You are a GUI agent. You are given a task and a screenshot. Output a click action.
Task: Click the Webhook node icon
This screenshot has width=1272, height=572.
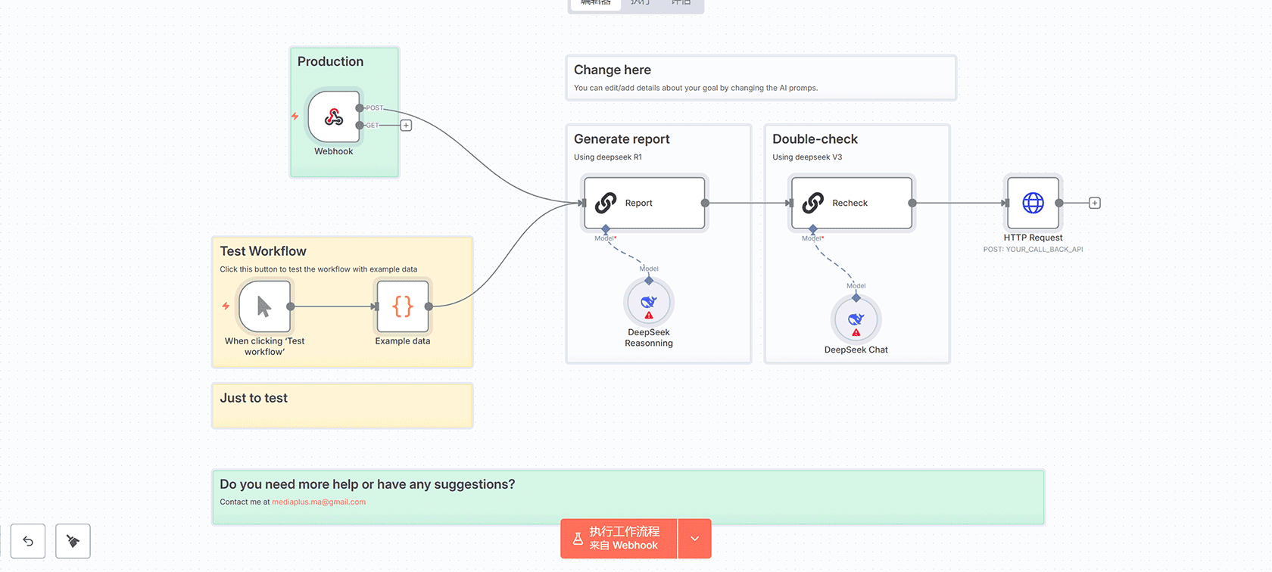pos(334,117)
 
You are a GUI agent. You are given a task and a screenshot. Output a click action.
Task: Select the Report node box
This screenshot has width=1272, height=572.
pos(644,203)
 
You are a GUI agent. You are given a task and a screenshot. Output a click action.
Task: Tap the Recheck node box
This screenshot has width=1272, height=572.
pos(851,203)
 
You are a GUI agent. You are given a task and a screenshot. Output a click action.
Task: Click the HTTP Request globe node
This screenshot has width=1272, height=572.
pos(1033,203)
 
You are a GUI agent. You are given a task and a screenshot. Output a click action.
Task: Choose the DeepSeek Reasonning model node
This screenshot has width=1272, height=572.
pos(649,303)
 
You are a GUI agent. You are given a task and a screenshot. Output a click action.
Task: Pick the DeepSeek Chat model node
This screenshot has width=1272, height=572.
pos(856,320)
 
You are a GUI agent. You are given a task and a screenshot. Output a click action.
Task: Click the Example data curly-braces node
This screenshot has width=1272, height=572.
pos(403,306)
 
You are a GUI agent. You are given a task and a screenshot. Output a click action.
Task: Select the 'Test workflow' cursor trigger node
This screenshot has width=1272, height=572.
pos(264,306)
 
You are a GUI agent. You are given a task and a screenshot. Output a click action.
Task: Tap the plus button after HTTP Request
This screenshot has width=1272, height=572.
pos(1095,203)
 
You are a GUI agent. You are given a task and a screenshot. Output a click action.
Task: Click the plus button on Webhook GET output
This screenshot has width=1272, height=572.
pos(406,126)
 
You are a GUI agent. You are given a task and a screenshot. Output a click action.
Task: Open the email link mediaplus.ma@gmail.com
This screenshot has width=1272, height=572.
pos(319,502)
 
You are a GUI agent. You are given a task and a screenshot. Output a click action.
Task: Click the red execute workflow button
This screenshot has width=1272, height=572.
pos(619,539)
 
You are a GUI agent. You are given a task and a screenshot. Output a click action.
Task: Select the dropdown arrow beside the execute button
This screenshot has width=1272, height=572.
pos(695,539)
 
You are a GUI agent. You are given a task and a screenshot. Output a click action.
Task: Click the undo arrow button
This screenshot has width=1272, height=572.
pos(28,541)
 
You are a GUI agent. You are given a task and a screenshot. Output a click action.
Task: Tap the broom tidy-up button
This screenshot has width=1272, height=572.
pos(73,541)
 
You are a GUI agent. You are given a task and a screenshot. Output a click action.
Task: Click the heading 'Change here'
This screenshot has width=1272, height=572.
pos(613,70)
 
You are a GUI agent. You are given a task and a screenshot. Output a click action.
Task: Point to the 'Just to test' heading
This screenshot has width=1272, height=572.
pos(254,398)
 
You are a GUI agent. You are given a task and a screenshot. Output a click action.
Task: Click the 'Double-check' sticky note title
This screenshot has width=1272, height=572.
pos(815,139)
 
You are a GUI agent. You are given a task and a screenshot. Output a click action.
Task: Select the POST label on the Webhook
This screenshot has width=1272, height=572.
pos(375,108)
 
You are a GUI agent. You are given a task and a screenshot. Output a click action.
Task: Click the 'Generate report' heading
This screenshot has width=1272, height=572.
pos(622,139)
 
